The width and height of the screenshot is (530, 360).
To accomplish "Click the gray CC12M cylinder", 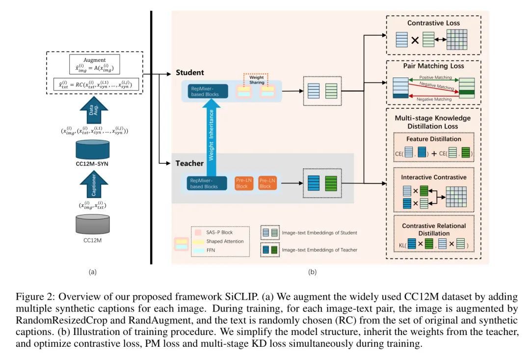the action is click(x=92, y=224).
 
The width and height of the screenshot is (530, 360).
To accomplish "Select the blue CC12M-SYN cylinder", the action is click(x=92, y=149).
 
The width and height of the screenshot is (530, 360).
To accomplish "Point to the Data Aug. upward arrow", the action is click(x=94, y=110).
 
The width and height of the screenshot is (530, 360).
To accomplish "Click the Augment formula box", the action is click(x=95, y=64).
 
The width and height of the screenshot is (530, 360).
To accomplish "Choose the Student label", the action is click(x=189, y=73).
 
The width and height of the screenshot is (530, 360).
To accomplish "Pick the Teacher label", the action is click(x=189, y=163).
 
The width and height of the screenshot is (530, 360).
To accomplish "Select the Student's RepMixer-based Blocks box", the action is click(x=208, y=91).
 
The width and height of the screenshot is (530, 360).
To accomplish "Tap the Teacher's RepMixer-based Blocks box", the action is click(x=207, y=183).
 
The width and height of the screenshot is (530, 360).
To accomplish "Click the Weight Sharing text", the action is click(x=257, y=79).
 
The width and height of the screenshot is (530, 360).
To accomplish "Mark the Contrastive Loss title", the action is click(x=433, y=23).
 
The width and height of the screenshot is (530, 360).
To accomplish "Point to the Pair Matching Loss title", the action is click(x=433, y=66).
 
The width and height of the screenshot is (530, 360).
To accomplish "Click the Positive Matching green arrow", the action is click(x=434, y=80).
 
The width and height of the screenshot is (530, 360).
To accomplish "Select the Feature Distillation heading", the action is click(x=434, y=139).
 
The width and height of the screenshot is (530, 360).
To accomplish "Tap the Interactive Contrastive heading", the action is click(x=434, y=177).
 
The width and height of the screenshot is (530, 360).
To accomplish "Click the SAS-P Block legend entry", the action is click(x=214, y=232).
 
